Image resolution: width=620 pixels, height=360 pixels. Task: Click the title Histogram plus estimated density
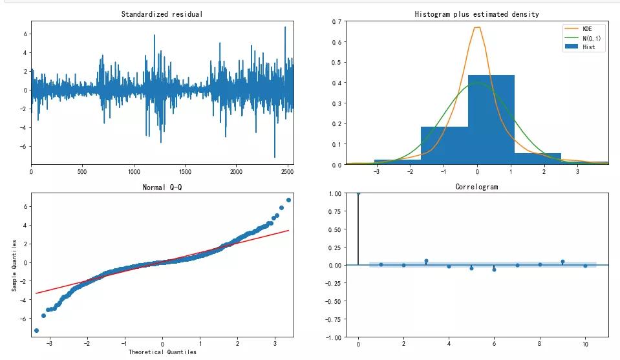point(476,14)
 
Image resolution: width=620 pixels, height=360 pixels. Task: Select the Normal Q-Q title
point(162,187)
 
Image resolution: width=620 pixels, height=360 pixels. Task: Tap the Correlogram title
point(476,187)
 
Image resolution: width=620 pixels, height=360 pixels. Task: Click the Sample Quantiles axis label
point(15,264)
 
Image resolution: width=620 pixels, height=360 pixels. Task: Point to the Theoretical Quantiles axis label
point(162,352)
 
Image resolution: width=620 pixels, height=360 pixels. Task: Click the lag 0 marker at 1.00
point(358,193)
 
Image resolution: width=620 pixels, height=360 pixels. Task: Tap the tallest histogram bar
point(491,120)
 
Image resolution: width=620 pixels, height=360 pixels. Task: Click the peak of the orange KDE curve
point(477,27)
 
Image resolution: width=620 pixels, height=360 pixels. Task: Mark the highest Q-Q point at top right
point(288,200)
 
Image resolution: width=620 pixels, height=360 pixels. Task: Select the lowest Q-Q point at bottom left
point(36,330)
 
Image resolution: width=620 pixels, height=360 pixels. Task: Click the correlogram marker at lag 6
point(494,270)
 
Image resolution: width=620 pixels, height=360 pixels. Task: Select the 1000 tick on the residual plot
point(134,173)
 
